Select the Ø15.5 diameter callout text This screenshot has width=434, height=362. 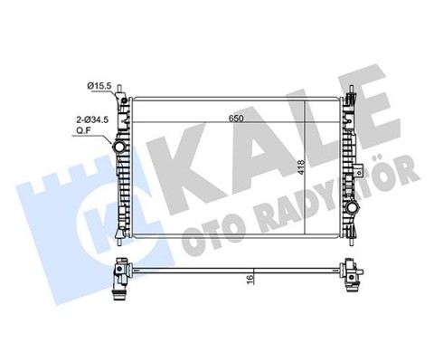99,85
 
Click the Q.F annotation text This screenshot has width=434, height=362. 82,129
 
